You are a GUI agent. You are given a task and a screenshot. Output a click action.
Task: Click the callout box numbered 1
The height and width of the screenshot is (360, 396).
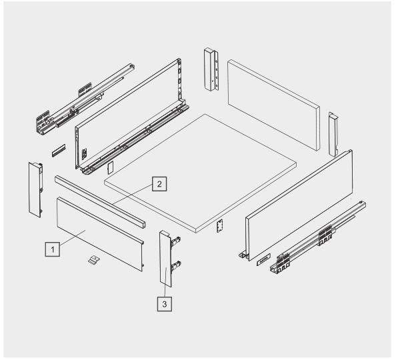click(53, 249)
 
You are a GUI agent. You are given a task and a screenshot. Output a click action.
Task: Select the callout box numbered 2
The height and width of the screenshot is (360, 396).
click(159, 184)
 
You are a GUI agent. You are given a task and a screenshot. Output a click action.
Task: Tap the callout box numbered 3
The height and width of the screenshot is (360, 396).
click(165, 304)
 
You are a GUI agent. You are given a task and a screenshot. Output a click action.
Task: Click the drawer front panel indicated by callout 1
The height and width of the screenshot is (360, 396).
click(100, 234)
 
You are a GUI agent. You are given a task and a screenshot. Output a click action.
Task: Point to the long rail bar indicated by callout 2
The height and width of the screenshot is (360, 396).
click(100, 202)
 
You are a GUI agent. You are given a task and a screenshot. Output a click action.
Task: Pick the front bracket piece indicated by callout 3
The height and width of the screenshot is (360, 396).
click(169, 259)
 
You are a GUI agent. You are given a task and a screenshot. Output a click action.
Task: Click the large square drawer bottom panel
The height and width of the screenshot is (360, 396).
click(200, 173)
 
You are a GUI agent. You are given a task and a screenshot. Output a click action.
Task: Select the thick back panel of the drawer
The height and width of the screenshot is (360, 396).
click(274, 105)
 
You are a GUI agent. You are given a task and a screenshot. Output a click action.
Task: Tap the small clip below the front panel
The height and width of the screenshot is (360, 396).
click(94, 260)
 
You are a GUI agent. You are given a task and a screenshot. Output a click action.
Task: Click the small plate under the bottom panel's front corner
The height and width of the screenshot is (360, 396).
click(219, 225)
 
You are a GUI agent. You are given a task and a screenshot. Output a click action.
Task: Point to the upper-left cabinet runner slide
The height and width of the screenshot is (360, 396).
click(85, 99)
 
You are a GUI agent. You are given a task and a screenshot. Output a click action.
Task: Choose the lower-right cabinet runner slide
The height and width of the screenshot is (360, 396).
click(318, 237)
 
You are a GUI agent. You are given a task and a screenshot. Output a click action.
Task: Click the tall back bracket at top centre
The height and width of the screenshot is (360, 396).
click(211, 69)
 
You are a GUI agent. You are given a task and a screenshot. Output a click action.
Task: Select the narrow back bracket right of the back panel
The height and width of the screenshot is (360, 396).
click(333, 134)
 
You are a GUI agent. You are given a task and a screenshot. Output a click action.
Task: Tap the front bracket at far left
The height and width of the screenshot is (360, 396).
click(35, 189)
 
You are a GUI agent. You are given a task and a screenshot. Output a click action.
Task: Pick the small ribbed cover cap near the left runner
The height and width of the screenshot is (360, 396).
click(59, 150)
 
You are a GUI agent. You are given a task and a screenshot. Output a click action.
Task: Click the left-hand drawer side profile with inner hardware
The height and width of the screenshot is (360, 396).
click(132, 117)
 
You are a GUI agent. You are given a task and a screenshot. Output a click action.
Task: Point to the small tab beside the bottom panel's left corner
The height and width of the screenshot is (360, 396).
click(110, 168)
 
